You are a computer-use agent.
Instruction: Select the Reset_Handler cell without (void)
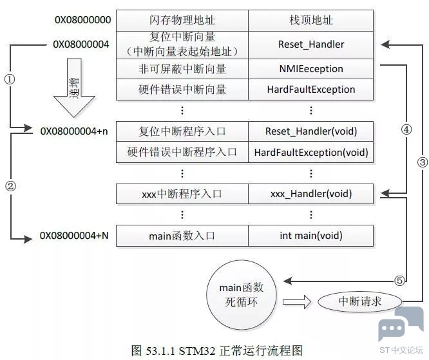[310, 44]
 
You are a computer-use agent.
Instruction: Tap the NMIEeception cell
[310, 68]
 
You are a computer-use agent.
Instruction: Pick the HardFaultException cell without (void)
[310, 90]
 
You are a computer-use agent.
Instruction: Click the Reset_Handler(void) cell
[310, 131]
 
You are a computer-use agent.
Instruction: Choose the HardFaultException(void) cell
[310, 153]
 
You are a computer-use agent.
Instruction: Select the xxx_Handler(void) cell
[310, 193]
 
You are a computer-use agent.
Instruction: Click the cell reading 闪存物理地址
[182, 20]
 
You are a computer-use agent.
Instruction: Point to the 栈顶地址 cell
[310, 20]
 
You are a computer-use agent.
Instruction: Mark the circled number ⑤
[399, 280]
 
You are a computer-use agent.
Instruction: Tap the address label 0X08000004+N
[75, 236]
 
